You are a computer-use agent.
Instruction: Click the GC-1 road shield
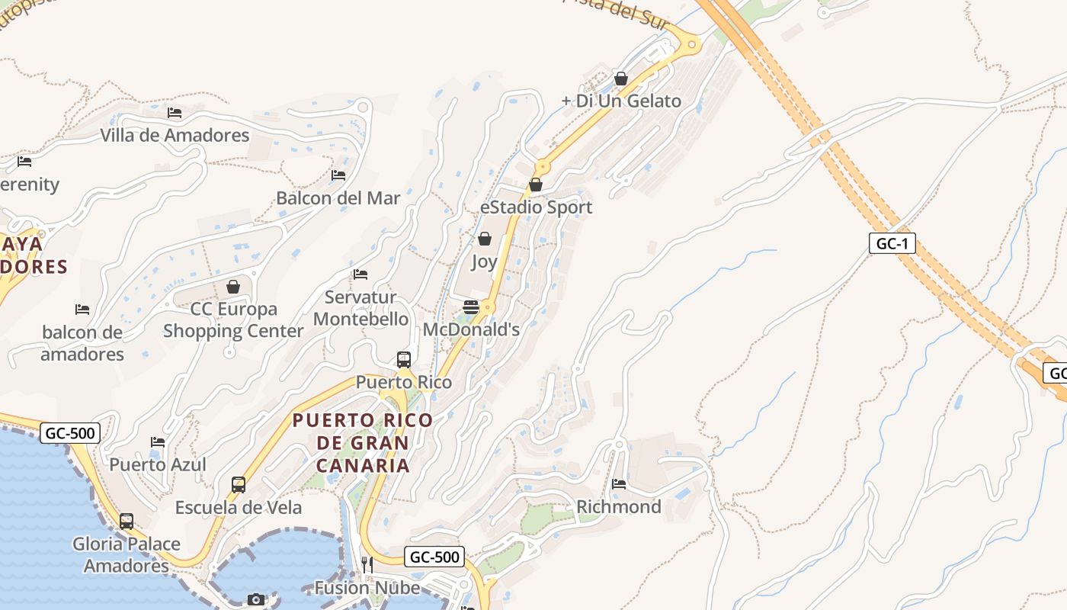(x=892, y=244)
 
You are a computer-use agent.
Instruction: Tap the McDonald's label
(x=471, y=329)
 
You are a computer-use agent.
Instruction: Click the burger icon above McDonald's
(x=471, y=307)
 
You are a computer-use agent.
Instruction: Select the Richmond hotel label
(x=619, y=507)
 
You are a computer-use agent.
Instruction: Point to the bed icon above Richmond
(x=619, y=483)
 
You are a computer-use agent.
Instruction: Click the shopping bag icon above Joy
(x=484, y=239)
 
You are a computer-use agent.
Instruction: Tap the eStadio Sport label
(x=536, y=207)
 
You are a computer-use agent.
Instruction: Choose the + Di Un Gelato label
(x=621, y=101)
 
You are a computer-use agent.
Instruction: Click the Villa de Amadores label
(x=175, y=136)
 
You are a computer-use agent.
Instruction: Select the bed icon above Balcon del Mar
(x=338, y=175)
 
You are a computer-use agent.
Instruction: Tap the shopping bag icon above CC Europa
(x=233, y=287)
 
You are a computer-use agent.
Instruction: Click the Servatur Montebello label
(x=360, y=308)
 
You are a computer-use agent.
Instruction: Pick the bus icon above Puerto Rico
(x=404, y=359)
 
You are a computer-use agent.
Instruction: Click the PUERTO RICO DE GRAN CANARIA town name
(x=363, y=442)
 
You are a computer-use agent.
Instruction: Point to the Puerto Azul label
(x=158, y=464)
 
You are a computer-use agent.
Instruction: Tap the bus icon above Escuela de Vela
(x=239, y=484)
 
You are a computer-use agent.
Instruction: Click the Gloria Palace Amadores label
(x=127, y=555)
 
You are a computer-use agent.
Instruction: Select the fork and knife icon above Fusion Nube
(x=367, y=564)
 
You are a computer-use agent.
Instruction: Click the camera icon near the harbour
(x=256, y=599)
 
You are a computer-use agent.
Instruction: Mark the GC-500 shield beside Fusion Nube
(x=434, y=557)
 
